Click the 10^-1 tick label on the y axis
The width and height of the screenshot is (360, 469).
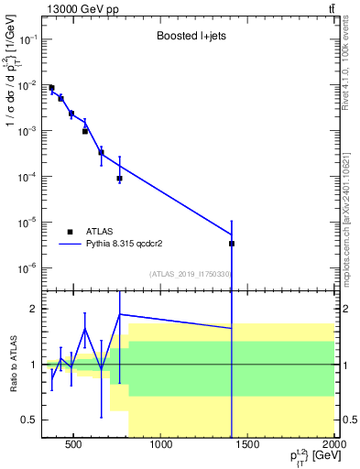point(29,39)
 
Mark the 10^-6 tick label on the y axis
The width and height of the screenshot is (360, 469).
point(29,267)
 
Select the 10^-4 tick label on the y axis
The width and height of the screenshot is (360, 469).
point(29,176)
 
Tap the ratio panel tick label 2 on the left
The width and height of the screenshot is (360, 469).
point(33,309)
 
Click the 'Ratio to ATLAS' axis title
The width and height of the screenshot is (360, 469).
point(12,365)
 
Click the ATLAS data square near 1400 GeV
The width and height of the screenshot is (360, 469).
point(232,244)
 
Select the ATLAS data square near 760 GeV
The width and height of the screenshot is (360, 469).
point(120,179)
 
